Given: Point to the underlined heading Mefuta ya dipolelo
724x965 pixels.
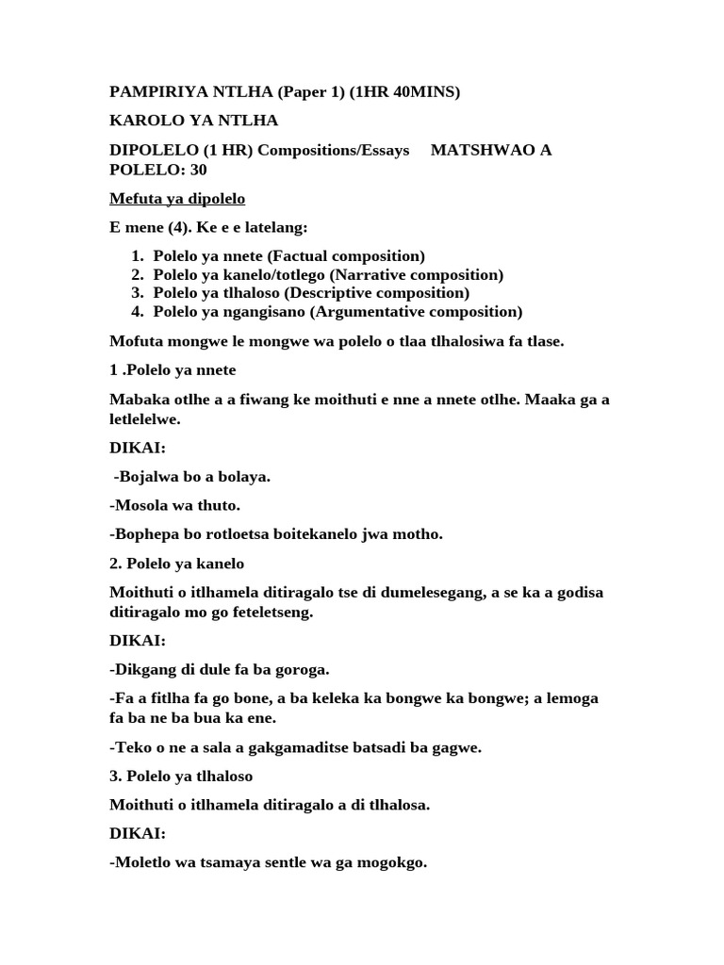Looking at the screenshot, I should (x=177, y=199).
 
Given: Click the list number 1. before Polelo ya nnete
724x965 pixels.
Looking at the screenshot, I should (x=137, y=256).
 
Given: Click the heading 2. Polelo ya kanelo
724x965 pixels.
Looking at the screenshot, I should (x=176, y=564).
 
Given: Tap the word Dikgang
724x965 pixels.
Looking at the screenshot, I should (x=142, y=670).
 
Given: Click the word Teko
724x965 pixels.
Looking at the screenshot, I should (x=131, y=747).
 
